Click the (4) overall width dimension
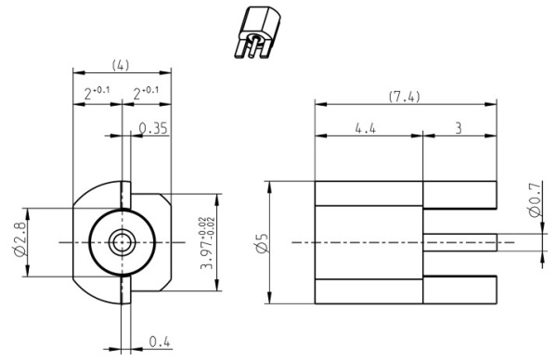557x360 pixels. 121,65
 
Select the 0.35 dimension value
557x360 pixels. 153,128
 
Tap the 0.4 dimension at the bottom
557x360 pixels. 159,341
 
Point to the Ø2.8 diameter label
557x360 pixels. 20,238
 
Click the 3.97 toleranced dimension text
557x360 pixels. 207,243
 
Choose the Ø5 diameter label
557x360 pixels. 262,243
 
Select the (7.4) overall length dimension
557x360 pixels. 404,96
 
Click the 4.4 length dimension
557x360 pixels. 365,128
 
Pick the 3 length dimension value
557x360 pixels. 459,128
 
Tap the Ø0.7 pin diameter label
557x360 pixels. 536,199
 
